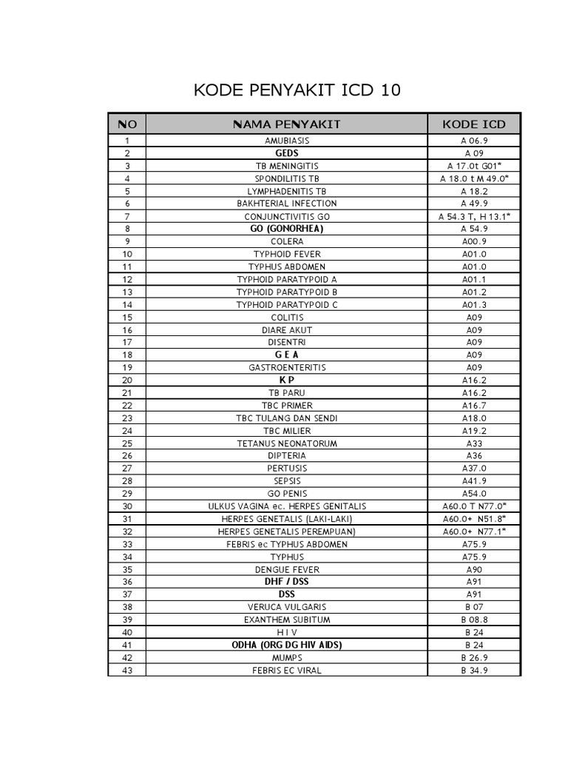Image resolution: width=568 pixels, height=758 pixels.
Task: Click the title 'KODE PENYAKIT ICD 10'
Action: pos(297,91)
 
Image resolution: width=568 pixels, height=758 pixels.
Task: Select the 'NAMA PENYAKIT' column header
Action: pos(287,124)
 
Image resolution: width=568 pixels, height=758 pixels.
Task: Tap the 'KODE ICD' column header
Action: pos(474,124)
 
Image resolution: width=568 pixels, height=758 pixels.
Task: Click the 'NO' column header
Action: pos(126,124)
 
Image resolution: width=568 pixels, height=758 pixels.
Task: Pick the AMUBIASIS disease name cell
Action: pos(287,141)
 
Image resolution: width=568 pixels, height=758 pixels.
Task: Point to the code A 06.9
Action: pos(474,141)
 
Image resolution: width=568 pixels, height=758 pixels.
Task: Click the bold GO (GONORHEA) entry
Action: pos(287,229)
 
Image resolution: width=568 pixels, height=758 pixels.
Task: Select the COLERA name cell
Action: pos(287,241)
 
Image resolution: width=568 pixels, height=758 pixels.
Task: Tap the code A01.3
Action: pos(474,304)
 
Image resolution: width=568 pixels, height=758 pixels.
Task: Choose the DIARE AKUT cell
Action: pos(287,329)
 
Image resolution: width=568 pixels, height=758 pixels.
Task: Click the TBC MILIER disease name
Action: pos(287,430)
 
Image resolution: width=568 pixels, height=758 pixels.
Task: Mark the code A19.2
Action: pos(474,430)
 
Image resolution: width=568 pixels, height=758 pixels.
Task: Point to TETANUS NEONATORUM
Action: pos(287,443)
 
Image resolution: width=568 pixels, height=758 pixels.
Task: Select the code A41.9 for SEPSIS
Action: pos(474,480)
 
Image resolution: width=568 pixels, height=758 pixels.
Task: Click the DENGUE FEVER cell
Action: pos(287,569)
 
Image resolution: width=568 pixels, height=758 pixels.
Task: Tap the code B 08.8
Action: pos(474,620)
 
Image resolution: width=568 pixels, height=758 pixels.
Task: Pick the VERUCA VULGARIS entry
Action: pos(287,607)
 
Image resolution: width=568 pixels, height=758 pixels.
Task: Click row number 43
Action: pos(126,670)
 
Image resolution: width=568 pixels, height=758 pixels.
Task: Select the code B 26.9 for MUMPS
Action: pos(474,657)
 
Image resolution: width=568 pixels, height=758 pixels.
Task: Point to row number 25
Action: pos(126,443)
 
